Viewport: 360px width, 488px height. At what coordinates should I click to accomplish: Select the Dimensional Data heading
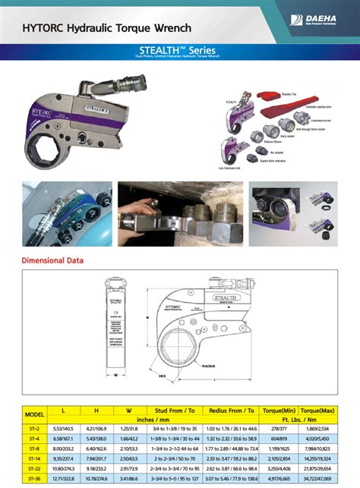coord(53,261)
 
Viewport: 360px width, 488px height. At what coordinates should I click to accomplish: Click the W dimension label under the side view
coord(115,374)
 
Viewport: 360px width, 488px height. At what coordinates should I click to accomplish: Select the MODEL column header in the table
coord(35,415)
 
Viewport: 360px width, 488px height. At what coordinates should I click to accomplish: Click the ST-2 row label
coord(35,429)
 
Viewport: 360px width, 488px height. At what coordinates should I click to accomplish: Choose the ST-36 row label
coord(35,479)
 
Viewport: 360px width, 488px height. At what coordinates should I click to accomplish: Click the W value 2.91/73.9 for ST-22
coord(128,469)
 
